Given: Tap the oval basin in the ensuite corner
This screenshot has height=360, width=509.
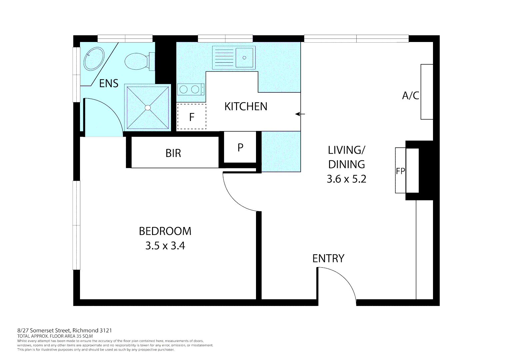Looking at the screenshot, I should (94, 59).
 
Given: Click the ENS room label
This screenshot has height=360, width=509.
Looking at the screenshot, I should (109, 83).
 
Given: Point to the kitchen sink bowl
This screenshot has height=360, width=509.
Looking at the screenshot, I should (244, 58).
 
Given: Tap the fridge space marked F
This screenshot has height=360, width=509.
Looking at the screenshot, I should (192, 117).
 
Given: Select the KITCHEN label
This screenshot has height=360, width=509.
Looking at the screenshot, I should (246, 107).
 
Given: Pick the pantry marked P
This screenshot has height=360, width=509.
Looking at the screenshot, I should (240, 147).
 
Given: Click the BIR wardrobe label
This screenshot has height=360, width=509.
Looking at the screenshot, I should (173, 153).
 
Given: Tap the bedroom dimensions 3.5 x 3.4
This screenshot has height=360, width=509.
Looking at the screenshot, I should (165, 246).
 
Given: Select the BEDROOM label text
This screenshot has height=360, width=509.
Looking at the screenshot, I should (165, 231).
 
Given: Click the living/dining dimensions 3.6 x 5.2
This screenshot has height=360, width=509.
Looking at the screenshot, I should (346, 179).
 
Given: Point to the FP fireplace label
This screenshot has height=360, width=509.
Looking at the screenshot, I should (400, 171).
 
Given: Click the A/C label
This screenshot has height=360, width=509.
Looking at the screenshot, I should (410, 96).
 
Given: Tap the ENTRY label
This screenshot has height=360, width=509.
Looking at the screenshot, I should (328, 258).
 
